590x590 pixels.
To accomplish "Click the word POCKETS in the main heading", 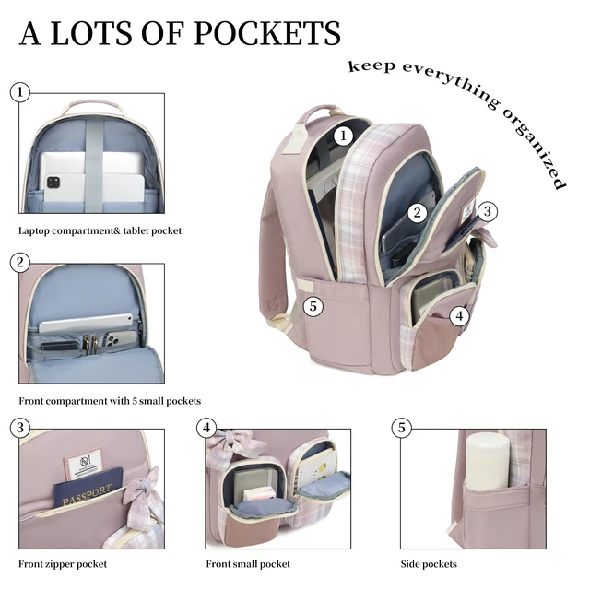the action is click(266, 33).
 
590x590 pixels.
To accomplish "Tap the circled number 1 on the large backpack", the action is click(343, 136).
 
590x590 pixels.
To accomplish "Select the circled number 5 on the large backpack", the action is click(313, 306).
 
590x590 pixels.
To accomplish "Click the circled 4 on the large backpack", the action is click(459, 315).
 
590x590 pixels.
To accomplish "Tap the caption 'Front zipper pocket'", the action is click(63, 564).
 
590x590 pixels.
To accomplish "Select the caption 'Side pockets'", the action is click(429, 564).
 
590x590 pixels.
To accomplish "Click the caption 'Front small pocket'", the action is click(248, 564).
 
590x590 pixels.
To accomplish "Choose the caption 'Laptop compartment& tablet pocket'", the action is click(100, 230).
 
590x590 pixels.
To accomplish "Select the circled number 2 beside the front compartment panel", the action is click(20, 262).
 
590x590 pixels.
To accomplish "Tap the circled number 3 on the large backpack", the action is click(488, 211).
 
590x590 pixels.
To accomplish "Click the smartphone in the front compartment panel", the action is click(120, 338).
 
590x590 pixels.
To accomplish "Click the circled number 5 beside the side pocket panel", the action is click(402, 428).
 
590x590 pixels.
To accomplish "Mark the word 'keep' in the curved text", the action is click(372, 66).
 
